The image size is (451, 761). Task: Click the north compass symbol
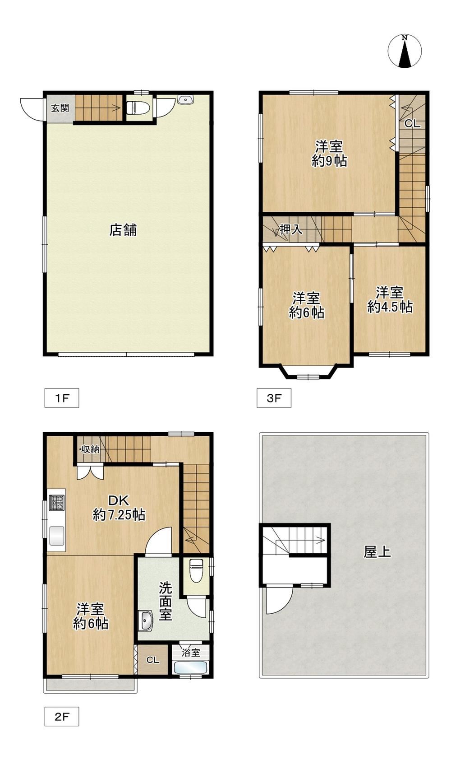point(405,51)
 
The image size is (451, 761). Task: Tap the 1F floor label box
point(62,398)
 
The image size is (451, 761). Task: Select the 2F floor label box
point(62,716)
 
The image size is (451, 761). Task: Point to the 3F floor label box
point(274,398)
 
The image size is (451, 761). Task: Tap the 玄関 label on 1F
point(60,108)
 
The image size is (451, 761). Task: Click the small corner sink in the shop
point(185,99)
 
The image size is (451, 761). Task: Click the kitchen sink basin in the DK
point(57,536)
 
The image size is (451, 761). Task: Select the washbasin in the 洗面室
point(146,621)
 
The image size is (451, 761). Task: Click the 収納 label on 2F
point(90,449)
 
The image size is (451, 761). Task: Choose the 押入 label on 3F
point(291,230)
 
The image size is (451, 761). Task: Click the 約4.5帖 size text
point(390,307)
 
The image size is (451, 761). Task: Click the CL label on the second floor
point(153,660)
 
